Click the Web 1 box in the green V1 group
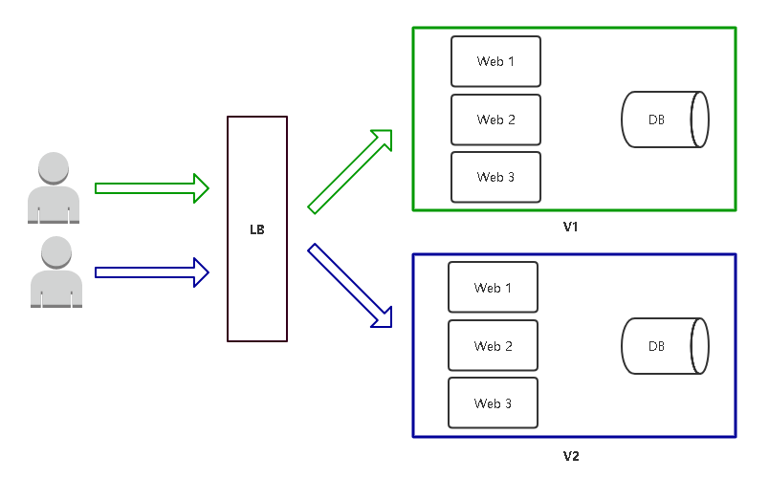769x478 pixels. tap(495, 61)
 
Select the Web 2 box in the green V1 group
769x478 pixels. tap(495, 119)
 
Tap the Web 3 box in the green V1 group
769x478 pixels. tap(495, 177)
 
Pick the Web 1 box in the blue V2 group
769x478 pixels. tap(493, 288)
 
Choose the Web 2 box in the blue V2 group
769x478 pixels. tap(493, 345)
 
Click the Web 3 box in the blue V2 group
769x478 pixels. tap(493, 402)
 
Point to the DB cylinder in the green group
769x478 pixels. tap(664, 119)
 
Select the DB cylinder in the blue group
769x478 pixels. tap(664, 345)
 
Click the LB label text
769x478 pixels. tap(256, 230)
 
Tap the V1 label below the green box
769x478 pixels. tap(571, 228)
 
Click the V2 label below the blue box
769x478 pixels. tap(571, 455)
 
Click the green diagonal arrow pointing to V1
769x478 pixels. tap(349, 170)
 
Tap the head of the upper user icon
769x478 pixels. tap(53, 167)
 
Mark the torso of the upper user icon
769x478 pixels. tap(54, 204)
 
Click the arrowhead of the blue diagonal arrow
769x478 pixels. tap(382, 316)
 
